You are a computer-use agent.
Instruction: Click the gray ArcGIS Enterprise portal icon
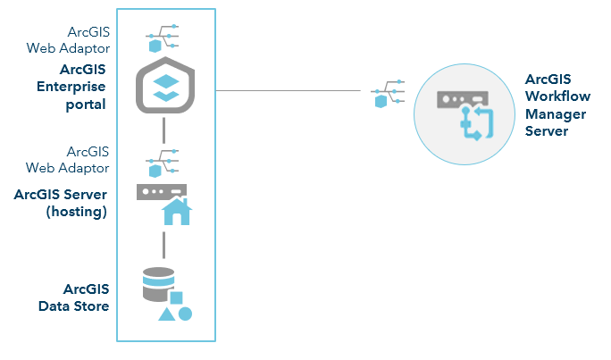(165, 88)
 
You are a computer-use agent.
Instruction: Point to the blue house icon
(176, 212)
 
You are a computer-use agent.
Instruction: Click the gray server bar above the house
(162, 191)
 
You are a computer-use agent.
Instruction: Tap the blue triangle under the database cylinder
(166, 314)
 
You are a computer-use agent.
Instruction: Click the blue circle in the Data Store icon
(185, 314)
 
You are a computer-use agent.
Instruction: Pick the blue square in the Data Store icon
(177, 297)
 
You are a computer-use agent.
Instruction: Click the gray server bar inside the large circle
(462, 100)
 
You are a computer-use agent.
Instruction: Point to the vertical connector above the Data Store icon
(165, 244)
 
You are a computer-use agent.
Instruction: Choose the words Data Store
(73, 306)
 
